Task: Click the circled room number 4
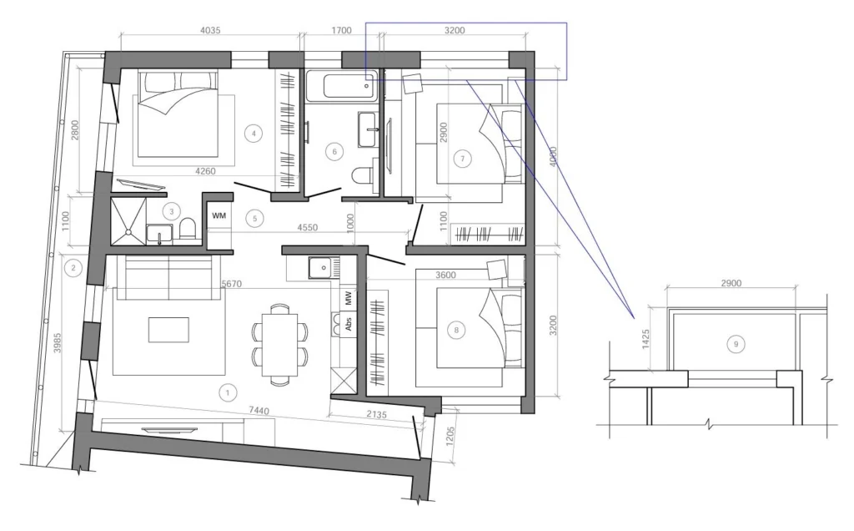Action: (x=254, y=133)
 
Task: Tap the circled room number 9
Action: (x=736, y=344)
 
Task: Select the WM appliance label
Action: (x=219, y=216)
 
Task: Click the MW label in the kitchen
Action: (x=348, y=298)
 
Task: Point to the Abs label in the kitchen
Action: (x=348, y=324)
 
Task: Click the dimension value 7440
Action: (x=259, y=411)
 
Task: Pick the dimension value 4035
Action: (x=210, y=31)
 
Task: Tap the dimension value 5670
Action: (x=232, y=284)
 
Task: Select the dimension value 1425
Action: (x=646, y=339)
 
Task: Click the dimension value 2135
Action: (x=376, y=414)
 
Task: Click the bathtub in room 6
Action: (x=341, y=86)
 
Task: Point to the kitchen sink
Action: (x=323, y=268)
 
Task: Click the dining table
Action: (x=280, y=345)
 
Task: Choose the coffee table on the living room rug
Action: (x=168, y=330)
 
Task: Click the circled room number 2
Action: (x=73, y=268)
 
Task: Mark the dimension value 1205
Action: (x=450, y=437)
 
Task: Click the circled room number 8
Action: (x=456, y=330)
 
